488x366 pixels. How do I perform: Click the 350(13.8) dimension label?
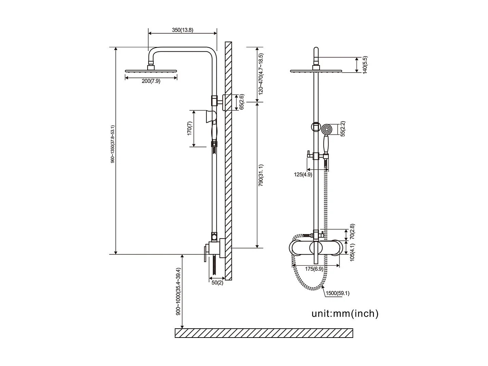tap(182, 30)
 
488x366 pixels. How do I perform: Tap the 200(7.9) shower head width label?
tap(151, 81)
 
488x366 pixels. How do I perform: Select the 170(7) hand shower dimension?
tap(189, 129)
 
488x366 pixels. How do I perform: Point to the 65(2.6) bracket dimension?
tap(241, 102)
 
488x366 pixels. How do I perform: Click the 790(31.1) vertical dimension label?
tap(261, 175)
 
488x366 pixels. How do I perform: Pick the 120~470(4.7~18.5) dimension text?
tap(261, 74)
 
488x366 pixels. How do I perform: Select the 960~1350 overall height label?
tap(113, 144)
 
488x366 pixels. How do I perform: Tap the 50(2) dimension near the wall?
tap(217, 283)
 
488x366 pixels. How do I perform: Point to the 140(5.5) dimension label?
tap(365, 65)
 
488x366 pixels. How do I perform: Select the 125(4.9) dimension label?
tap(303, 174)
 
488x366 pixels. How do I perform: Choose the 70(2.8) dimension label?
tap(352, 232)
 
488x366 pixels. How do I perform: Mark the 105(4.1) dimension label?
tap(352, 253)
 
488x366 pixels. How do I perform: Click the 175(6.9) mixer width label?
tap(314, 269)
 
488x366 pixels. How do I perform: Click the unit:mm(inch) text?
tap(345, 313)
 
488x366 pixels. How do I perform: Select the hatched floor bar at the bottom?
tap(264, 333)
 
